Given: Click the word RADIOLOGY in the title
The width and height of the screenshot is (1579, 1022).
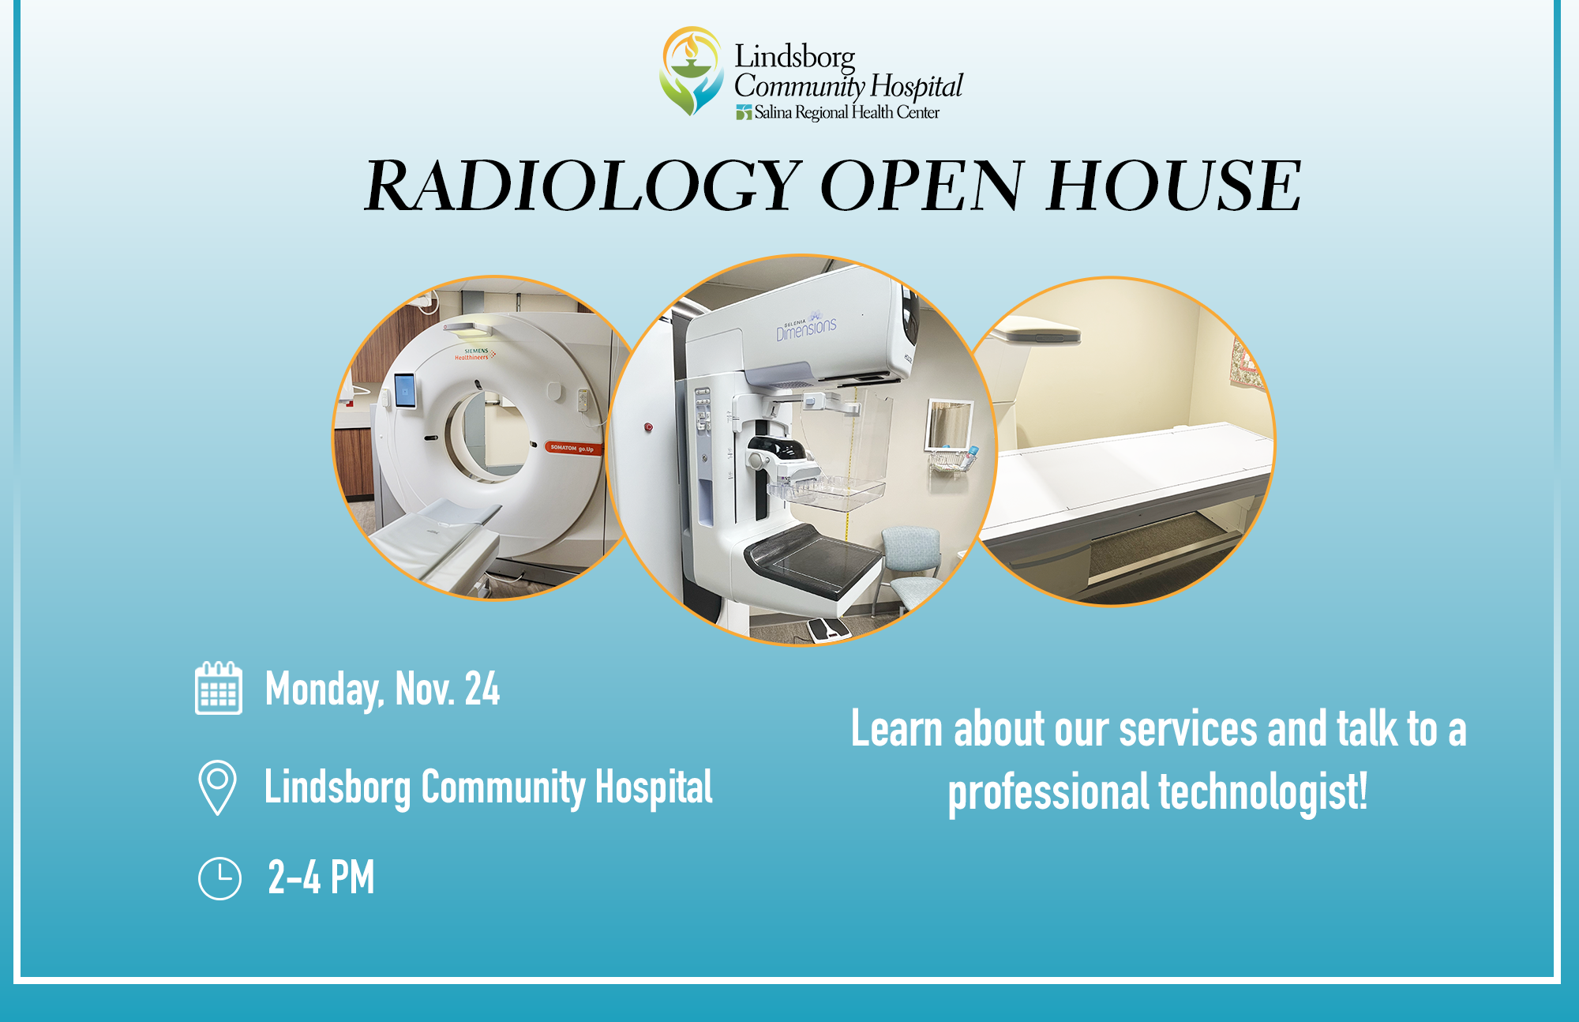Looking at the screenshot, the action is coord(583,186).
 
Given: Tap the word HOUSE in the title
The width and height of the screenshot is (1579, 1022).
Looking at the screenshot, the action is coord(1174,186).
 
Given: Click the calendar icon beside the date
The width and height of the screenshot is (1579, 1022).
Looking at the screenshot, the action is coord(219,688).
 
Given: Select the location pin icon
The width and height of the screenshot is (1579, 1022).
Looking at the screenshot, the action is coord(218,787).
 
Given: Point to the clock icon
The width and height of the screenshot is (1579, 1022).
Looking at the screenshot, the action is coord(219,878).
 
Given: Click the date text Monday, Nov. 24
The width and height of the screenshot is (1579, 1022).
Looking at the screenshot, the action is coord(382,689).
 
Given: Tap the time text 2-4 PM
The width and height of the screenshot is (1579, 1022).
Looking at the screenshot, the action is coord(321,877).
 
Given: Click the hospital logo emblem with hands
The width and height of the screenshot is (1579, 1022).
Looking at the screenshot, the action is coord(692,71).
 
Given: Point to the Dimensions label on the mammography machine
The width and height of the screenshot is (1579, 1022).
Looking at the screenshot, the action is coord(806,328).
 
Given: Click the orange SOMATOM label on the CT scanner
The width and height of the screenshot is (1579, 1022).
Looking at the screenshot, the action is coord(572,448).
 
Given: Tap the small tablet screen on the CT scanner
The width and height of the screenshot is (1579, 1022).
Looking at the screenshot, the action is coord(404,390).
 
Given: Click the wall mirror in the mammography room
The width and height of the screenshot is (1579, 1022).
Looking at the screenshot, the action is coord(948,424).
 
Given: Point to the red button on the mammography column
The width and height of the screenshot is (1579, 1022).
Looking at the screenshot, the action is coord(648,427).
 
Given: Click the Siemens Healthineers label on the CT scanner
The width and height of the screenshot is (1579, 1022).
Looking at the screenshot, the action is coord(474,354).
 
